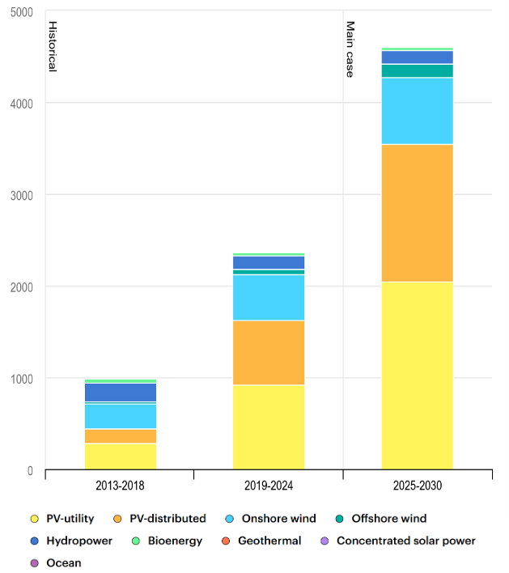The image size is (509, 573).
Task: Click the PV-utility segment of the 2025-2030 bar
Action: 417,376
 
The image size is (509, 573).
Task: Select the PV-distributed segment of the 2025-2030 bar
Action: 417,213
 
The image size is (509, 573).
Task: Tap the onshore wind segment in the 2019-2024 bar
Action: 269,298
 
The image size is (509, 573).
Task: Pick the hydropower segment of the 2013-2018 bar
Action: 121,393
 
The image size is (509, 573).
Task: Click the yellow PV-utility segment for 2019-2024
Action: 269,427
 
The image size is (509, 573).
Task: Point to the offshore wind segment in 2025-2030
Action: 417,70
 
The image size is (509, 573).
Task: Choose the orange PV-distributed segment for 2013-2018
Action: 121,436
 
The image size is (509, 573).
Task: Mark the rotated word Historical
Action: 52,46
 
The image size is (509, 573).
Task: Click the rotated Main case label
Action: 350,49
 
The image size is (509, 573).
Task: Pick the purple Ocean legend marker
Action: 34,562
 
